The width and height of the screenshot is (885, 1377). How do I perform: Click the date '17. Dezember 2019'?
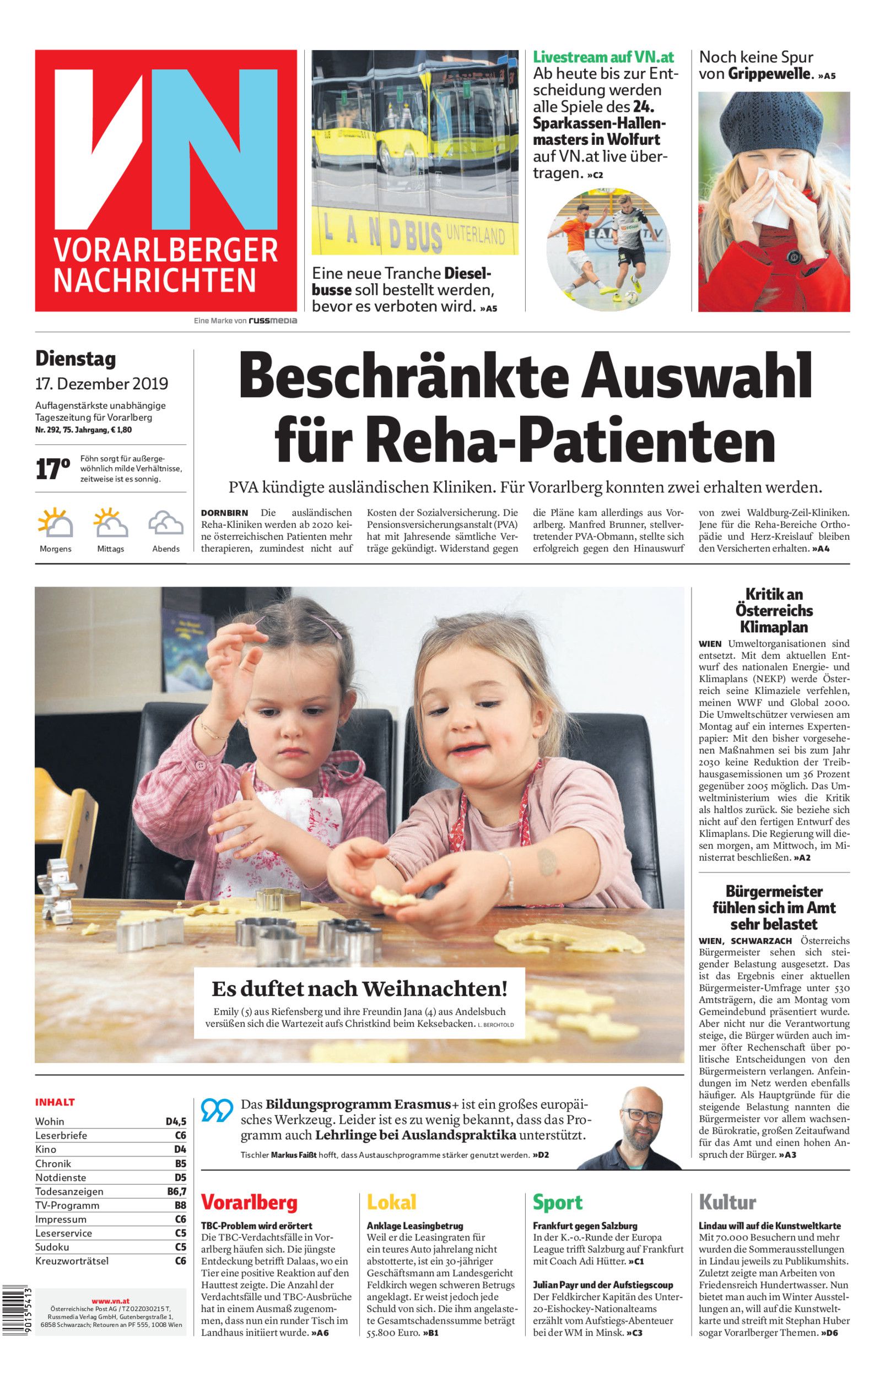(102, 383)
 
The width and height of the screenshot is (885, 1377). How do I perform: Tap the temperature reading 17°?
(53, 469)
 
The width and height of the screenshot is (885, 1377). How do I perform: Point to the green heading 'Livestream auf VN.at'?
(603, 57)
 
